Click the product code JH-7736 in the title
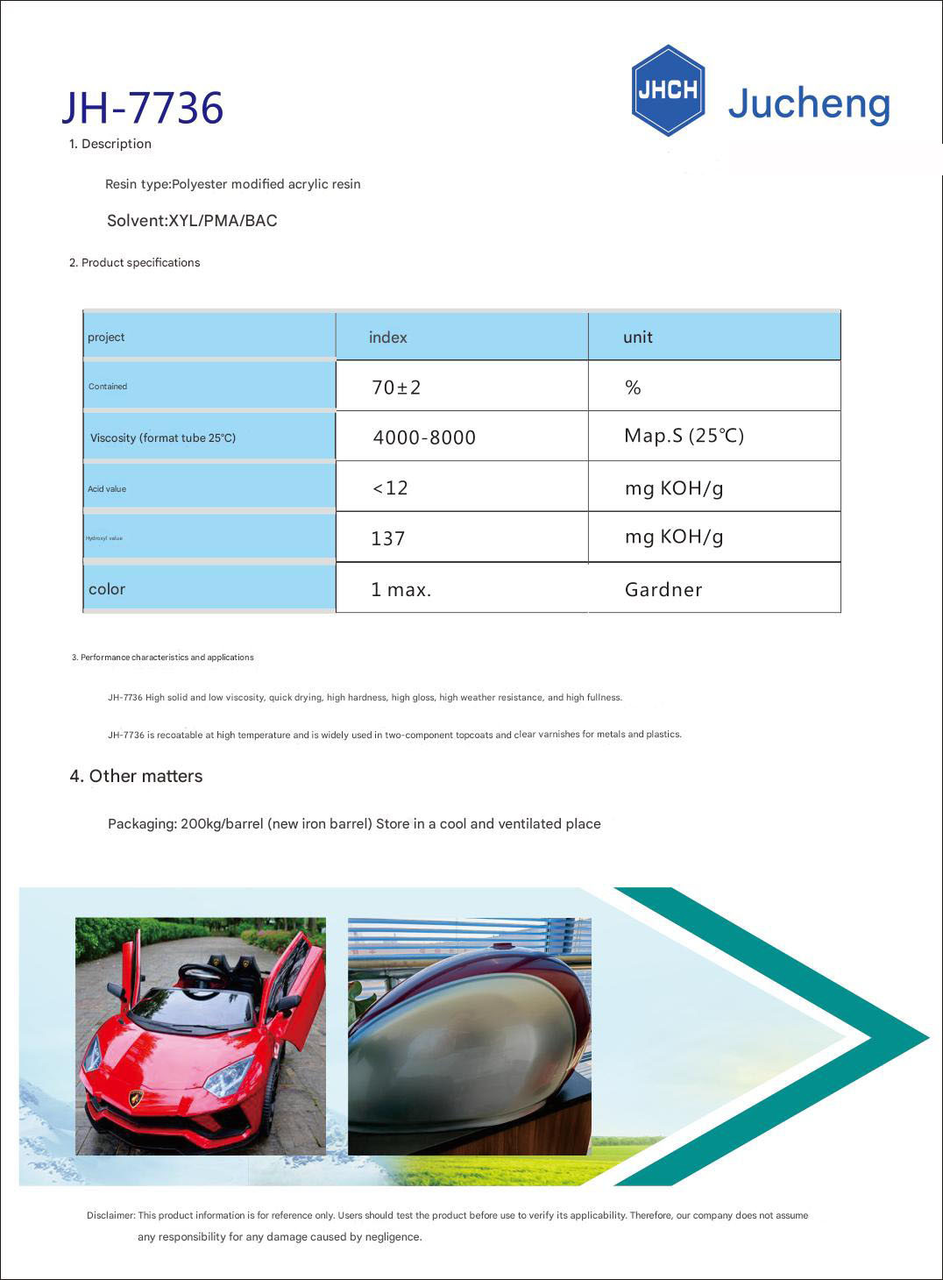(x=143, y=108)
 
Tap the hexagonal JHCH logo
(x=668, y=90)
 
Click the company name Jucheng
(x=809, y=103)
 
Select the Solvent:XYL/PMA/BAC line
(x=192, y=221)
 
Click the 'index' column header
(x=387, y=338)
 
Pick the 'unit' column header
(x=637, y=338)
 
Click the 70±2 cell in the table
(x=396, y=388)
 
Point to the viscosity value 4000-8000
(x=424, y=437)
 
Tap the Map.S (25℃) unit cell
(x=684, y=436)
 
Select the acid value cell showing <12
(x=391, y=488)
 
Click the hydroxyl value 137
(x=387, y=538)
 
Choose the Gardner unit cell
(x=663, y=590)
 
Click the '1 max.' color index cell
(x=401, y=590)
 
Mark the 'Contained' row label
(x=108, y=387)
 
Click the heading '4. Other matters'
(x=136, y=776)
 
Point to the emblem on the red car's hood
(x=136, y=1097)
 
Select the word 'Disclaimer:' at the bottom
(x=110, y=1215)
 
